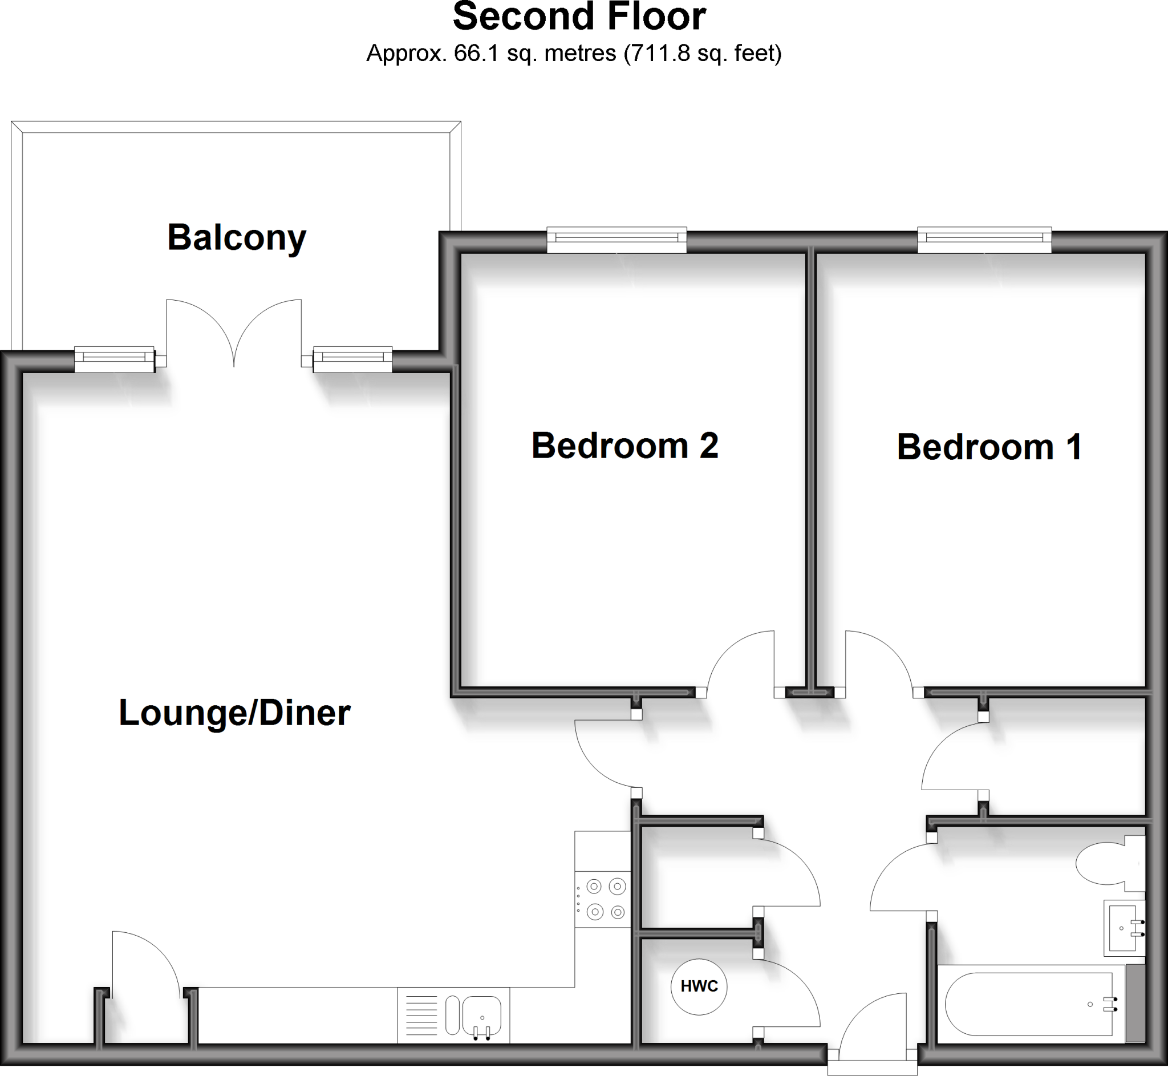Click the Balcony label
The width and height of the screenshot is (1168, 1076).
pyautogui.click(x=236, y=238)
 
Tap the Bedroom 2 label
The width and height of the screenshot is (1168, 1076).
pyautogui.click(x=624, y=446)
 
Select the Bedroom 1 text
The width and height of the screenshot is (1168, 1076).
pyautogui.click(x=989, y=447)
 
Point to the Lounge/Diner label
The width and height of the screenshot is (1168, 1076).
pyautogui.click(x=234, y=713)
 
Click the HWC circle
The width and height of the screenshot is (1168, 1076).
pyautogui.click(x=699, y=986)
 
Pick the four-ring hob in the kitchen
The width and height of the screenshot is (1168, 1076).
pyautogui.click(x=603, y=899)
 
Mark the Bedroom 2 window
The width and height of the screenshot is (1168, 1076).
pyautogui.click(x=617, y=240)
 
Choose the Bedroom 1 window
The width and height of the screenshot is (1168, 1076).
pyautogui.click(x=984, y=240)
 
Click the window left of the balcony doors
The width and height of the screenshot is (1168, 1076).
pyautogui.click(x=114, y=359)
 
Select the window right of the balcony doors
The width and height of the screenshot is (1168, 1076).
pyautogui.click(x=352, y=359)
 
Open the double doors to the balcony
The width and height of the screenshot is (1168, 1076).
pyautogui.click(x=234, y=332)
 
